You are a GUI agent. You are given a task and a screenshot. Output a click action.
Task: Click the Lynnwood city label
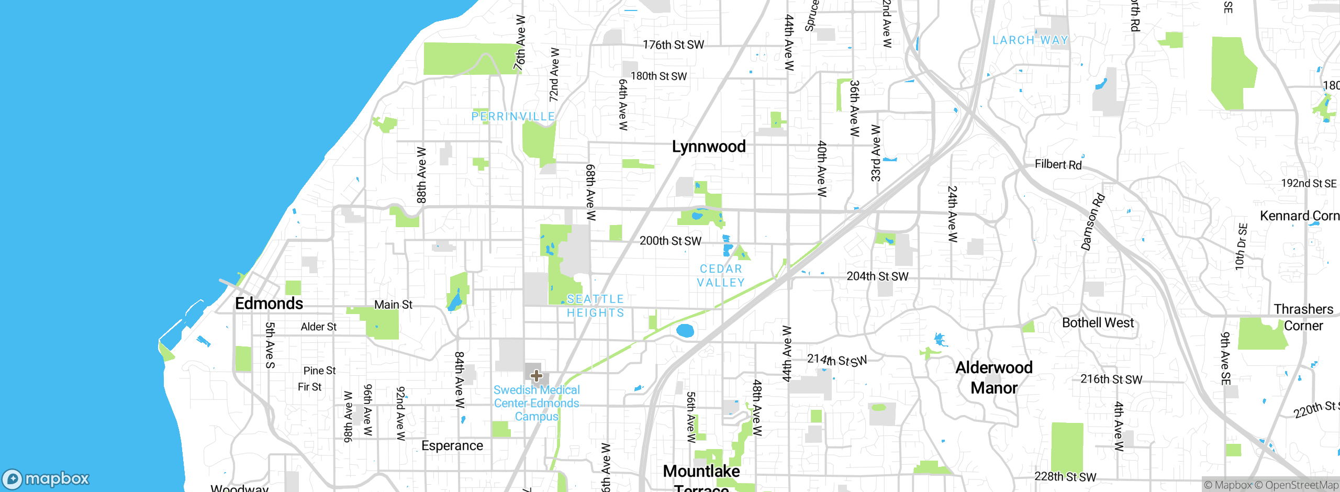click(x=709, y=147)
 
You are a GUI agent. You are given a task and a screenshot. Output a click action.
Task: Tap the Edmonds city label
click(x=269, y=304)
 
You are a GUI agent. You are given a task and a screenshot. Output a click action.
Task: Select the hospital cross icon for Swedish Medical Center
click(x=536, y=375)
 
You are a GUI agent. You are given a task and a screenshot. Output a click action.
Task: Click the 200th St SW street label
click(x=670, y=241)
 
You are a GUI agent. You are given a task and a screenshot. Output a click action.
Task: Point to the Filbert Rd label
click(x=1058, y=164)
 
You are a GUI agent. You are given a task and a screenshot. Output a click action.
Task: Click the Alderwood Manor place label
click(x=994, y=377)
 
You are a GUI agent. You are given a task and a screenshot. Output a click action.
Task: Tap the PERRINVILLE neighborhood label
click(x=513, y=116)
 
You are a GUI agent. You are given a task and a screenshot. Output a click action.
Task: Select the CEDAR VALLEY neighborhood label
click(x=721, y=275)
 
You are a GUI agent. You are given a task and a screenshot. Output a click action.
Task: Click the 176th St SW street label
click(x=673, y=45)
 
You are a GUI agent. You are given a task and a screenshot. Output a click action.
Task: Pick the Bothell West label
click(x=1098, y=323)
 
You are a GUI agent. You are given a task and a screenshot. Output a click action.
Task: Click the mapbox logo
click(x=46, y=478)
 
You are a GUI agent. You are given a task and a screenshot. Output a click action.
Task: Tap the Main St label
click(x=393, y=305)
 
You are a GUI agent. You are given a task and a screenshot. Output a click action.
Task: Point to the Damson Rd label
click(x=1093, y=222)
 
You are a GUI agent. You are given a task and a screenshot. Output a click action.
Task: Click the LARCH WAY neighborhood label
click(x=1030, y=40)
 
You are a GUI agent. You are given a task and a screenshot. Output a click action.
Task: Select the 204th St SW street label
click(x=877, y=276)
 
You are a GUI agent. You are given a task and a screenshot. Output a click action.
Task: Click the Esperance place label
click(x=452, y=445)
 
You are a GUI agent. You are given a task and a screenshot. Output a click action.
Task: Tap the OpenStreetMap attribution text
click(x=1296, y=485)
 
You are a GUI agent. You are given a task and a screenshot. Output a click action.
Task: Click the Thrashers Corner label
click(x=1303, y=317)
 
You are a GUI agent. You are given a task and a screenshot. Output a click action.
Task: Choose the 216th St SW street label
click(x=1111, y=379)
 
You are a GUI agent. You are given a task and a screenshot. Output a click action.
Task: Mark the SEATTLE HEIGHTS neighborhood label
click(x=595, y=306)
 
